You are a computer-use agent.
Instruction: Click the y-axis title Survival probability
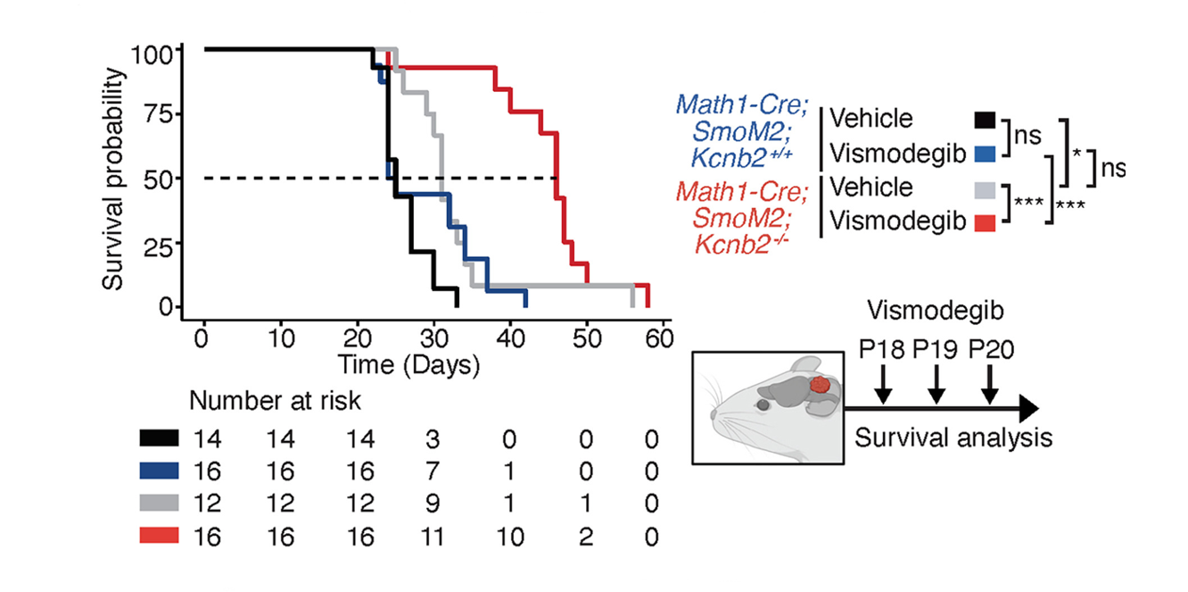click(112, 179)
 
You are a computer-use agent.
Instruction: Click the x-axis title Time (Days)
click(408, 364)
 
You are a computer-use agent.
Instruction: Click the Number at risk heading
click(275, 402)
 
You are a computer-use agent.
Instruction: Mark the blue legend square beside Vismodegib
click(984, 153)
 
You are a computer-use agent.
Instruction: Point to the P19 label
click(936, 348)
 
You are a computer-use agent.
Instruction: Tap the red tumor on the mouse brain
click(821, 387)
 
